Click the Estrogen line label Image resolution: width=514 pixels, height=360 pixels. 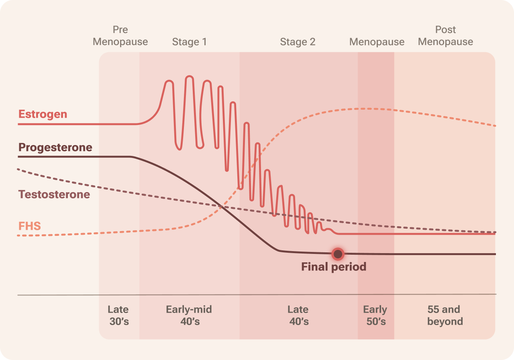pyautogui.click(x=43, y=114)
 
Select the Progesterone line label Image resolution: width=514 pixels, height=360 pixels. pyautogui.click(x=55, y=147)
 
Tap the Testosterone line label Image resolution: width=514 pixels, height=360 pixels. pyautogui.click(x=54, y=194)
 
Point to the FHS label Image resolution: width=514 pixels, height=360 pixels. pyautogui.click(x=30, y=226)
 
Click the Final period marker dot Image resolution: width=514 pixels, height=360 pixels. pyautogui.click(x=338, y=254)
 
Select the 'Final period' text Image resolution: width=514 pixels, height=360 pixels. pyautogui.click(x=334, y=267)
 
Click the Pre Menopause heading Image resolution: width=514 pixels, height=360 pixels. pyautogui.click(x=120, y=36)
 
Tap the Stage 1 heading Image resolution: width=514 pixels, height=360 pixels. pyautogui.click(x=190, y=42)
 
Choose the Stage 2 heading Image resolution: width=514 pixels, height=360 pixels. pyautogui.click(x=298, y=42)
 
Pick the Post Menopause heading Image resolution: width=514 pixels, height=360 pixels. pyautogui.click(x=446, y=36)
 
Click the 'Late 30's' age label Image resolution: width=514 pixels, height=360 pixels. pyautogui.click(x=118, y=315)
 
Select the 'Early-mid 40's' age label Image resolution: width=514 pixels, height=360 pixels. pyautogui.click(x=189, y=315)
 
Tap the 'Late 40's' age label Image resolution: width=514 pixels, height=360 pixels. pyautogui.click(x=298, y=315)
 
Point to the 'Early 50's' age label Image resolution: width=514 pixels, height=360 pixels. pyautogui.click(x=375, y=315)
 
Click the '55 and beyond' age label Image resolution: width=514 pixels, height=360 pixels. pyautogui.click(x=444, y=315)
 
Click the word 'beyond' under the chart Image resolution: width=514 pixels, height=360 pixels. pyautogui.click(x=445, y=321)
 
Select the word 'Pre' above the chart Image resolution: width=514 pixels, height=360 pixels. pyautogui.click(x=120, y=30)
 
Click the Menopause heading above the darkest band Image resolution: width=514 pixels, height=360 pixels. pyautogui.click(x=377, y=42)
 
